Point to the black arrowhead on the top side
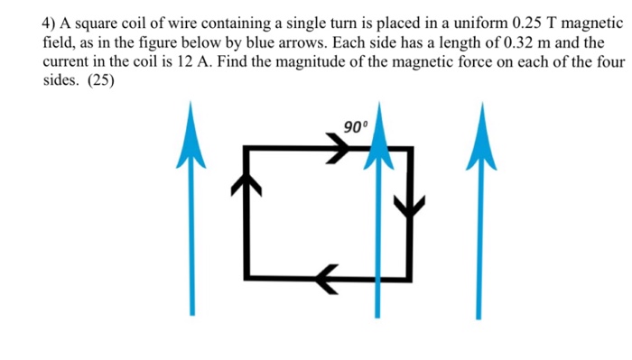[x=339, y=151]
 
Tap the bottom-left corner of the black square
[x=247, y=275]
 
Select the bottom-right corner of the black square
[x=412, y=275]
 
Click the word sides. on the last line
[x=61, y=79]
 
